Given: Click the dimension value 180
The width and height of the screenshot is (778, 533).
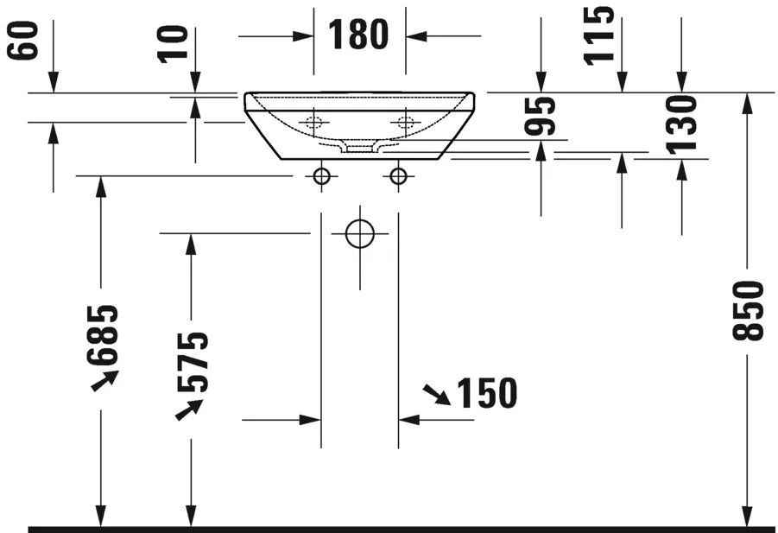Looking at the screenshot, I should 358,35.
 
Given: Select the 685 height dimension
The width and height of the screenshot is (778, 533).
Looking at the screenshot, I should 103,332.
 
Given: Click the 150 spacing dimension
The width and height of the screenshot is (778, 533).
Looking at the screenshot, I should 486,393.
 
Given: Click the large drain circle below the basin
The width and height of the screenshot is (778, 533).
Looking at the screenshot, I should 359,233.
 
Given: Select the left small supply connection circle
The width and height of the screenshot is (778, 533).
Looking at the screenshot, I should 321,176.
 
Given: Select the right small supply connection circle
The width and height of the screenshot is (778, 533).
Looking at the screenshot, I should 398,176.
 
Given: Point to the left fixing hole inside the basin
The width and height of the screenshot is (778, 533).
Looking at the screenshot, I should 314,123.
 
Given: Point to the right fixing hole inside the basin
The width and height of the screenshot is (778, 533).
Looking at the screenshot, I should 404,123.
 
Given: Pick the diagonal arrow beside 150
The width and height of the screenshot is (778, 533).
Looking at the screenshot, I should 437,396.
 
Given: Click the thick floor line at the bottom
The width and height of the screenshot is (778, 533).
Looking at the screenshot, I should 389,528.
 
